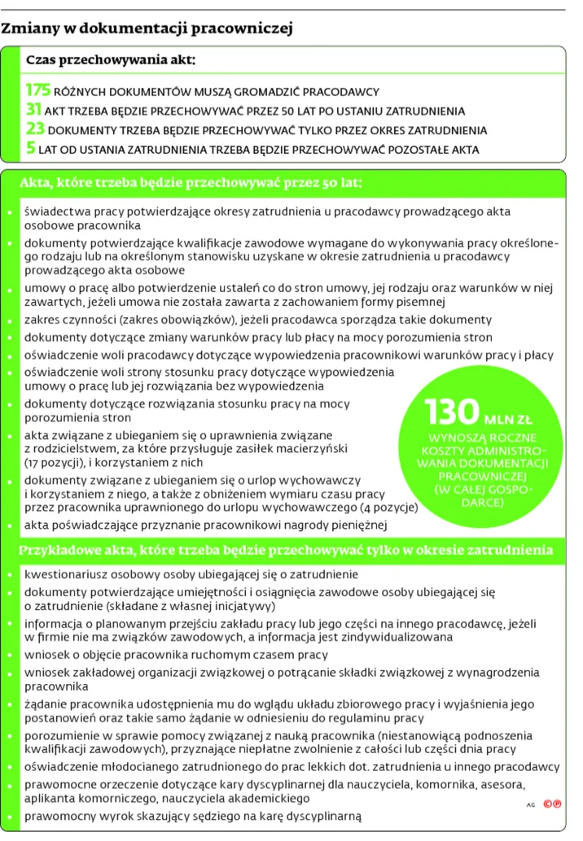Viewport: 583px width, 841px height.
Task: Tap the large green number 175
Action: [38, 90]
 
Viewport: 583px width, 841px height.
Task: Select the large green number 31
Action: [33, 110]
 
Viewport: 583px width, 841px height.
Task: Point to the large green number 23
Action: [35, 129]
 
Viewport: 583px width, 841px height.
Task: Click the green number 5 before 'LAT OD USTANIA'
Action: [30, 149]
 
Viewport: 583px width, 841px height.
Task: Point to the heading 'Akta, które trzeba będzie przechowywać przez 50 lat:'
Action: [191, 183]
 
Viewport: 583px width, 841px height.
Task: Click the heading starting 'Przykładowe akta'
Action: [286, 551]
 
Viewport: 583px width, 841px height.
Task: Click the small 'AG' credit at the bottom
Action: [531, 804]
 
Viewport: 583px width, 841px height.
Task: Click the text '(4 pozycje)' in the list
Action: [388, 508]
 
